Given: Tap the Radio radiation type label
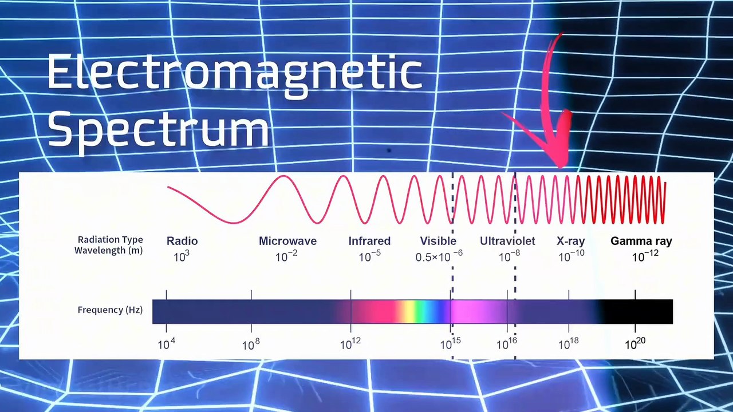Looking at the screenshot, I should coord(182,241).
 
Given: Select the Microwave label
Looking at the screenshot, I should coord(287,241).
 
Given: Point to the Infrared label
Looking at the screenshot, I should coord(369,241).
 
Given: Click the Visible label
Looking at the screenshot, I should coord(438,241).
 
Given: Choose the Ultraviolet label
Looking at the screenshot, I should coord(507,241).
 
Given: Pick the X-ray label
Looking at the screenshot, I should coord(570,241).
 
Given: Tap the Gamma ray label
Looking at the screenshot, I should coord(641,241).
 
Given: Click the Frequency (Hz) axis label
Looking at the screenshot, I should coord(110,310).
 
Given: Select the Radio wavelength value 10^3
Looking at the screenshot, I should coord(182,256).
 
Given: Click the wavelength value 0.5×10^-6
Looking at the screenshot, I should coord(439,256).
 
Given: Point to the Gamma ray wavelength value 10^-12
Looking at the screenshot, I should coord(645,256).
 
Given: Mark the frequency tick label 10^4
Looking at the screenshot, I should coord(166,344).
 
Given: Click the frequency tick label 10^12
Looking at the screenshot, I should coord(350,344).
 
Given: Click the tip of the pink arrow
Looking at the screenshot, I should coord(561,167).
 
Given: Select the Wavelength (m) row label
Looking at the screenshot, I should coord(108,250).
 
